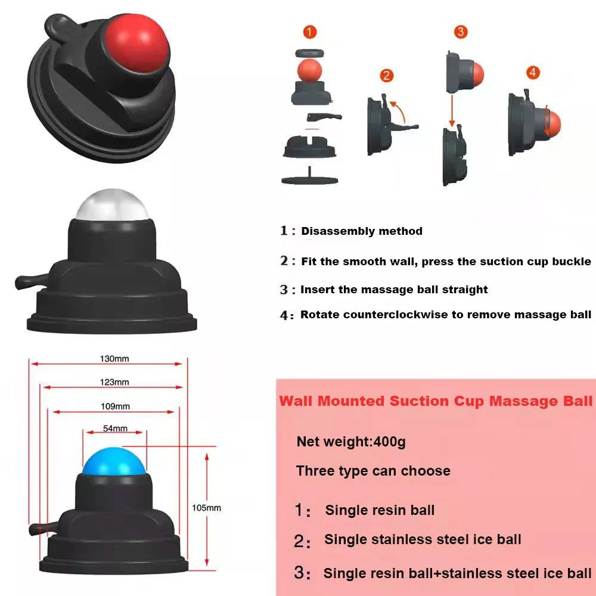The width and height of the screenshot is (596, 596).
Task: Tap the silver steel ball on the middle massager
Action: tap(112, 204)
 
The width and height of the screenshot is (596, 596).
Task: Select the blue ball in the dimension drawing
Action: tap(114, 461)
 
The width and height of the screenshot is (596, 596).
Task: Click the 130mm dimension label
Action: tap(114, 358)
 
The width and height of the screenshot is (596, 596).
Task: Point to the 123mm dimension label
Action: tap(114, 382)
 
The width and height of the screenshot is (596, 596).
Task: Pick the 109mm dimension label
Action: tap(115, 406)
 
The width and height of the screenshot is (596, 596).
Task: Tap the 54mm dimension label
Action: tap(115, 429)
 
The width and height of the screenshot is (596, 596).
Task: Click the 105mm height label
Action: tap(206, 508)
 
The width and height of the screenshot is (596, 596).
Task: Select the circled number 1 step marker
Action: tap(310, 32)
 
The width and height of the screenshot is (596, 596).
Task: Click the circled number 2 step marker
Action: tap(387, 75)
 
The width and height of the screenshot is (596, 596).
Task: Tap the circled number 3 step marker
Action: tap(461, 32)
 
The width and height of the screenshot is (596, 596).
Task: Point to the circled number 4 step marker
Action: tap(533, 72)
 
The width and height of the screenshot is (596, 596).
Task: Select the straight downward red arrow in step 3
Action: tap(452, 110)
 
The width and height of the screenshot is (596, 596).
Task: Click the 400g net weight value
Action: tap(390, 442)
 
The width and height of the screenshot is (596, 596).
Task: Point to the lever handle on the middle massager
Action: tap(31, 281)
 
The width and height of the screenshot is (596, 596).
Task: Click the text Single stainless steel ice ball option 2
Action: tap(423, 539)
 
